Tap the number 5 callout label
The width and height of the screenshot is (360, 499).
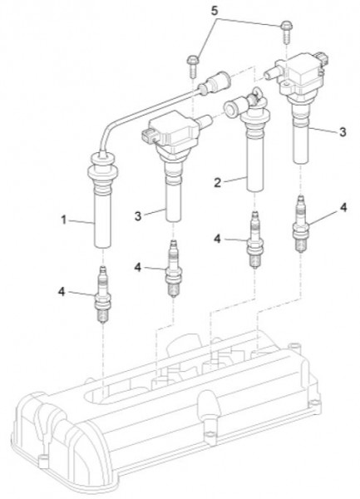[215, 11]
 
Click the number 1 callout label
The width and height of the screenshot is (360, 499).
[64, 220]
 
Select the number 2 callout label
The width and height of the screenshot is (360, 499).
[217, 183]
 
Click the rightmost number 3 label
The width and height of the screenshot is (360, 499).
[343, 132]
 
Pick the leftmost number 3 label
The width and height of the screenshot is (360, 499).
[138, 216]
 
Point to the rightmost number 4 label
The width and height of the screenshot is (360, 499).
[343, 207]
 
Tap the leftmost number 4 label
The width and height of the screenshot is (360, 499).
[62, 292]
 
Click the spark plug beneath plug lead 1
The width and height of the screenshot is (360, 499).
[103, 294]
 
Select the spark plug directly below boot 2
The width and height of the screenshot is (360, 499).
[254, 240]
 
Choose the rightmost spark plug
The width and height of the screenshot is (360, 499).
[300, 224]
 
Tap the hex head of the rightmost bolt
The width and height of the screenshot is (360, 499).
[286, 25]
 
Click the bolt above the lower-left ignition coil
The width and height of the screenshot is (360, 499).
[193, 67]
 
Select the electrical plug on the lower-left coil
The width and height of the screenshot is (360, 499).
[150, 136]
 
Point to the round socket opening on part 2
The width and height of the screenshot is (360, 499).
[229, 108]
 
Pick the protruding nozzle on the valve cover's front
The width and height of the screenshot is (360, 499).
[209, 413]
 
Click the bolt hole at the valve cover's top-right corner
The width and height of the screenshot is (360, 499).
[294, 346]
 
